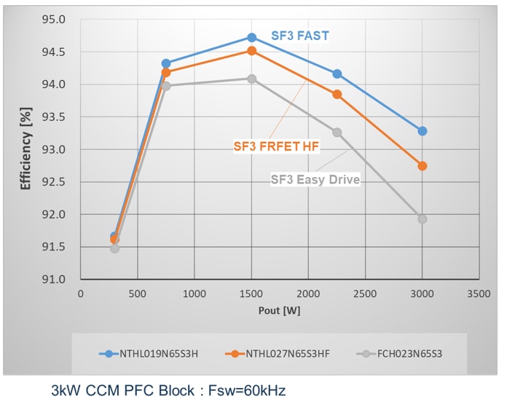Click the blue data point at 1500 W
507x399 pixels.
tap(251, 37)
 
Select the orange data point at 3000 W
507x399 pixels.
tap(422, 166)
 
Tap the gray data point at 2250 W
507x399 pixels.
tap(337, 133)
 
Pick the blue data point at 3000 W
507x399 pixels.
tap(422, 131)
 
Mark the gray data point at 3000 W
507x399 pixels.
tap(422, 219)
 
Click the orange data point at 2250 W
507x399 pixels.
tap(337, 95)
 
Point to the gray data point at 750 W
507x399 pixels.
tap(166, 86)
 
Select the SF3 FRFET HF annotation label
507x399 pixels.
tap(277, 146)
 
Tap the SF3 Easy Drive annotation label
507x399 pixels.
tap(315, 179)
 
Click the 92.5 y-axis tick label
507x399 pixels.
tap(55, 182)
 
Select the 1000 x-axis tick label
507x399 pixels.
tap(194, 293)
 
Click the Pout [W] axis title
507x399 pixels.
tap(280, 310)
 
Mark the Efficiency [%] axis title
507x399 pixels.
tap(26, 150)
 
